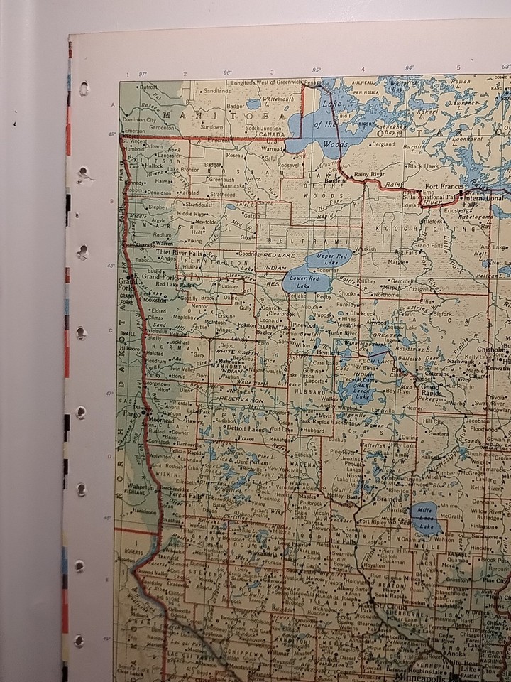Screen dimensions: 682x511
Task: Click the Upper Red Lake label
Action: pos(333,257)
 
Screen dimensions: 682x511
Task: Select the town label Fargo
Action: pos(132,413)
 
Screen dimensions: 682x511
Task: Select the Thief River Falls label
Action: pos(180,253)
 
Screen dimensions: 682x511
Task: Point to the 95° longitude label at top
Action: pos(317,70)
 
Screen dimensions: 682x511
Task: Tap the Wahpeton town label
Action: pos(140,488)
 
